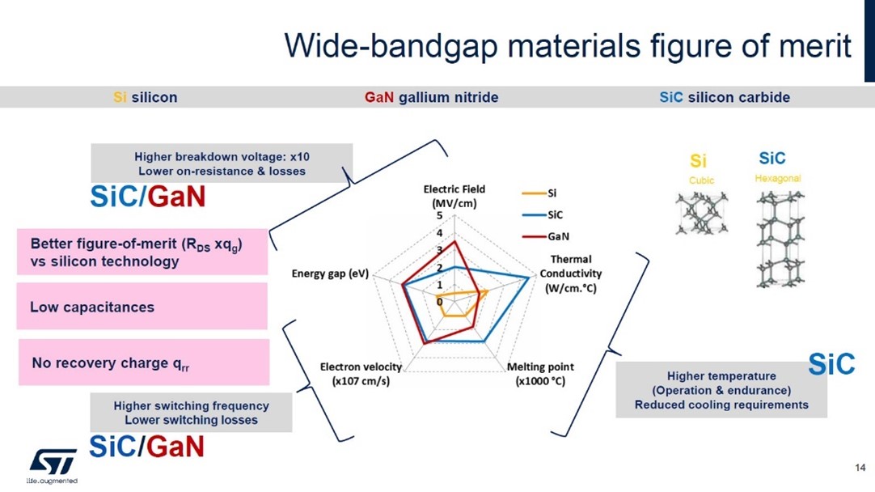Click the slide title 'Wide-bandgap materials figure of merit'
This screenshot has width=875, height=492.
click(568, 46)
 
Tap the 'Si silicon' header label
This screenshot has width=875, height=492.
click(145, 97)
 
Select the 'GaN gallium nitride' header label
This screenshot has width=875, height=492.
click(431, 97)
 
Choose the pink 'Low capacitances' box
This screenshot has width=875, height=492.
click(142, 307)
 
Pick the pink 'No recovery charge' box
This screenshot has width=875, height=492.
click(142, 363)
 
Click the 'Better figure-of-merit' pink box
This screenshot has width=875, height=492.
click(142, 252)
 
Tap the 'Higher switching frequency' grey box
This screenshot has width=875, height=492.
click(191, 413)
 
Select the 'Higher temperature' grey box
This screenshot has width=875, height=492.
click(721, 390)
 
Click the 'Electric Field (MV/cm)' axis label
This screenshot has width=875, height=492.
click(454, 196)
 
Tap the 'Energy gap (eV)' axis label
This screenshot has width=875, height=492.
click(330, 274)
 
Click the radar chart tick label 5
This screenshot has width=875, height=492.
click(440, 216)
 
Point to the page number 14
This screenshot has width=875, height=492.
click(860, 468)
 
